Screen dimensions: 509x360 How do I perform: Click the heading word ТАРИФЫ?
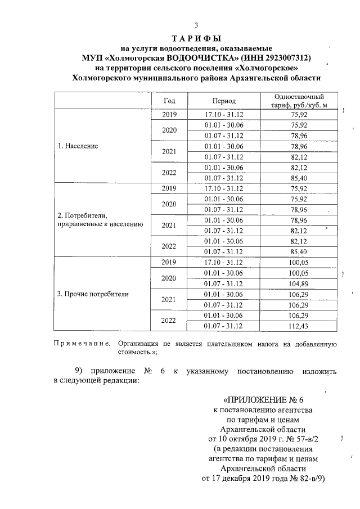pos(195,38)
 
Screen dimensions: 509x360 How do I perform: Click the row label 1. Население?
pos(78,146)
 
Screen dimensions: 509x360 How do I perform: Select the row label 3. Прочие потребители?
pos(93,294)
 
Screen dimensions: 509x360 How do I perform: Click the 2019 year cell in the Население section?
pos(169,114)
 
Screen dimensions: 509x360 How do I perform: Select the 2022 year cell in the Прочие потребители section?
pos(169,321)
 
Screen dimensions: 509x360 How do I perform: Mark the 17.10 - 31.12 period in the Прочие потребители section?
pos(224,262)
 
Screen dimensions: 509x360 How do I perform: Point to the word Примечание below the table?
pos(81,343)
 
